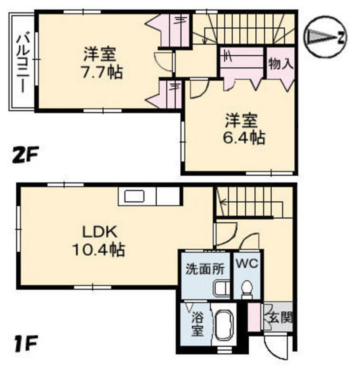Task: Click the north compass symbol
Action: (x=325, y=37)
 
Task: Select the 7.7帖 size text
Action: (x=102, y=72)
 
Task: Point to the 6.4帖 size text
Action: (x=243, y=137)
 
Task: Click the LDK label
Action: (x=100, y=232)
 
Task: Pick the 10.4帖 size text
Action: (x=99, y=249)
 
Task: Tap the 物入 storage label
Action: (x=281, y=63)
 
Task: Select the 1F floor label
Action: (x=26, y=343)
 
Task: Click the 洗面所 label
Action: (x=205, y=269)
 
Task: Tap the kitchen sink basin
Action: (x=135, y=196)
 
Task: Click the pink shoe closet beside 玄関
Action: (x=254, y=317)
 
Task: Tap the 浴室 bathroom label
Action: (x=197, y=324)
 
